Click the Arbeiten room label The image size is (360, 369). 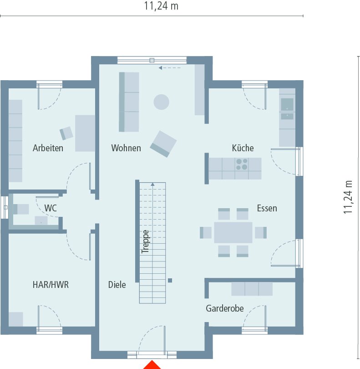click(x=48, y=148)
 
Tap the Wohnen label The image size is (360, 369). click(x=126, y=148)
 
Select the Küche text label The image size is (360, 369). click(x=243, y=148)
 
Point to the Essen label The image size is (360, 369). click(x=267, y=208)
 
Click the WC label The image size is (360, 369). click(x=51, y=208)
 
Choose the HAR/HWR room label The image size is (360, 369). click(x=51, y=285)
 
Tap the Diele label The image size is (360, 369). click(x=117, y=285)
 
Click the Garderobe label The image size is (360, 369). click(x=224, y=308)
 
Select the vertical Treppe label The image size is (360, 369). click(x=145, y=241)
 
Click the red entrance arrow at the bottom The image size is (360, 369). click(x=152, y=365)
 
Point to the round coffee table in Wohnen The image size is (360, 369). click(x=161, y=102)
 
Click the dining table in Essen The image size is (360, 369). click(x=233, y=232)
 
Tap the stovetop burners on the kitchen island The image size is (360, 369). click(x=242, y=164)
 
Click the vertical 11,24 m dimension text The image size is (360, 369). click(x=349, y=196)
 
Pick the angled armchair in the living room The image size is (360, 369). click(x=163, y=143)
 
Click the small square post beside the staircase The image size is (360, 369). click(x=170, y=280)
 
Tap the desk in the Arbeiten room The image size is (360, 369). click(x=85, y=133)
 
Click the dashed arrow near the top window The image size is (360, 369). click(x=169, y=68)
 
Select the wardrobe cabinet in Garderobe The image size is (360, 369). click(x=252, y=289)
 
